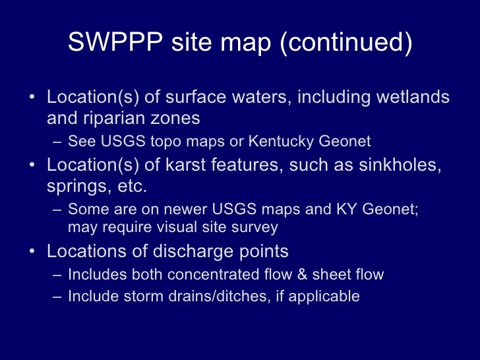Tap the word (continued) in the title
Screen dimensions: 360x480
click(x=347, y=43)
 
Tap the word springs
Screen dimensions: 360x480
click(x=75, y=187)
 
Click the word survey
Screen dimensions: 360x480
click(x=256, y=227)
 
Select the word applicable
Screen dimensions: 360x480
click(x=328, y=296)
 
